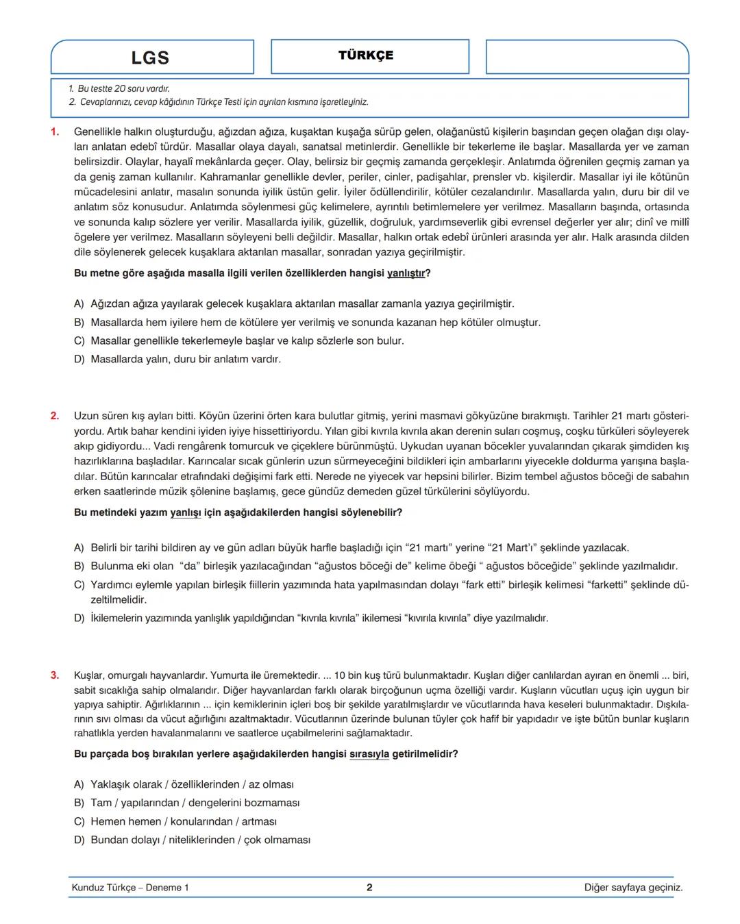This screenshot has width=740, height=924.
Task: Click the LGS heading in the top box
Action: (x=150, y=58)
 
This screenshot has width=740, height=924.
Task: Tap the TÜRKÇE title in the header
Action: (x=366, y=55)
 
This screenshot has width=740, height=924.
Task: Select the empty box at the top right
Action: (x=587, y=57)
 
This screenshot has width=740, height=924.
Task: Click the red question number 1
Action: (x=55, y=132)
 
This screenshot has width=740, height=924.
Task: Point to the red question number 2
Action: (x=55, y=416)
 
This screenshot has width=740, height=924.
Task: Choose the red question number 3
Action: (x=55, y=675)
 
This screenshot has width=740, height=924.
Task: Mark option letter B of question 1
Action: (x=79, y=323)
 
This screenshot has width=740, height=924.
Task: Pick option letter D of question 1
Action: (x=79, y=360)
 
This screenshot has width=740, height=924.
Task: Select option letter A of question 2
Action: (x=79, y=548)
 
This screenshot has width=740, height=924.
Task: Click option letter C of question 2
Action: (x=79, y=585)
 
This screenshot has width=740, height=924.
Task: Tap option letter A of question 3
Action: (x=79, y=785)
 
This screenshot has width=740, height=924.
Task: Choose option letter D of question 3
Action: (x=79, y=840)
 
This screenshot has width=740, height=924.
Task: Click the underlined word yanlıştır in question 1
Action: (x=406, y=273)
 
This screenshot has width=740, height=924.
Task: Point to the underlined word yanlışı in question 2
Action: (x=186, y=513)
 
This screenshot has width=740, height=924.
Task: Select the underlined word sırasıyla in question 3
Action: (x=369, y=754)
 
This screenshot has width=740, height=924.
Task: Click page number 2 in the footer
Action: (x=369, y=888)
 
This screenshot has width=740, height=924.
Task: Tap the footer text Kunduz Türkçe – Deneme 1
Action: (x=130, y=888)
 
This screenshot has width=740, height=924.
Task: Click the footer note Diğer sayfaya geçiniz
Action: (x=633, y=888)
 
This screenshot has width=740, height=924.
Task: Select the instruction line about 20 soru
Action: (x=119, y=89)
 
